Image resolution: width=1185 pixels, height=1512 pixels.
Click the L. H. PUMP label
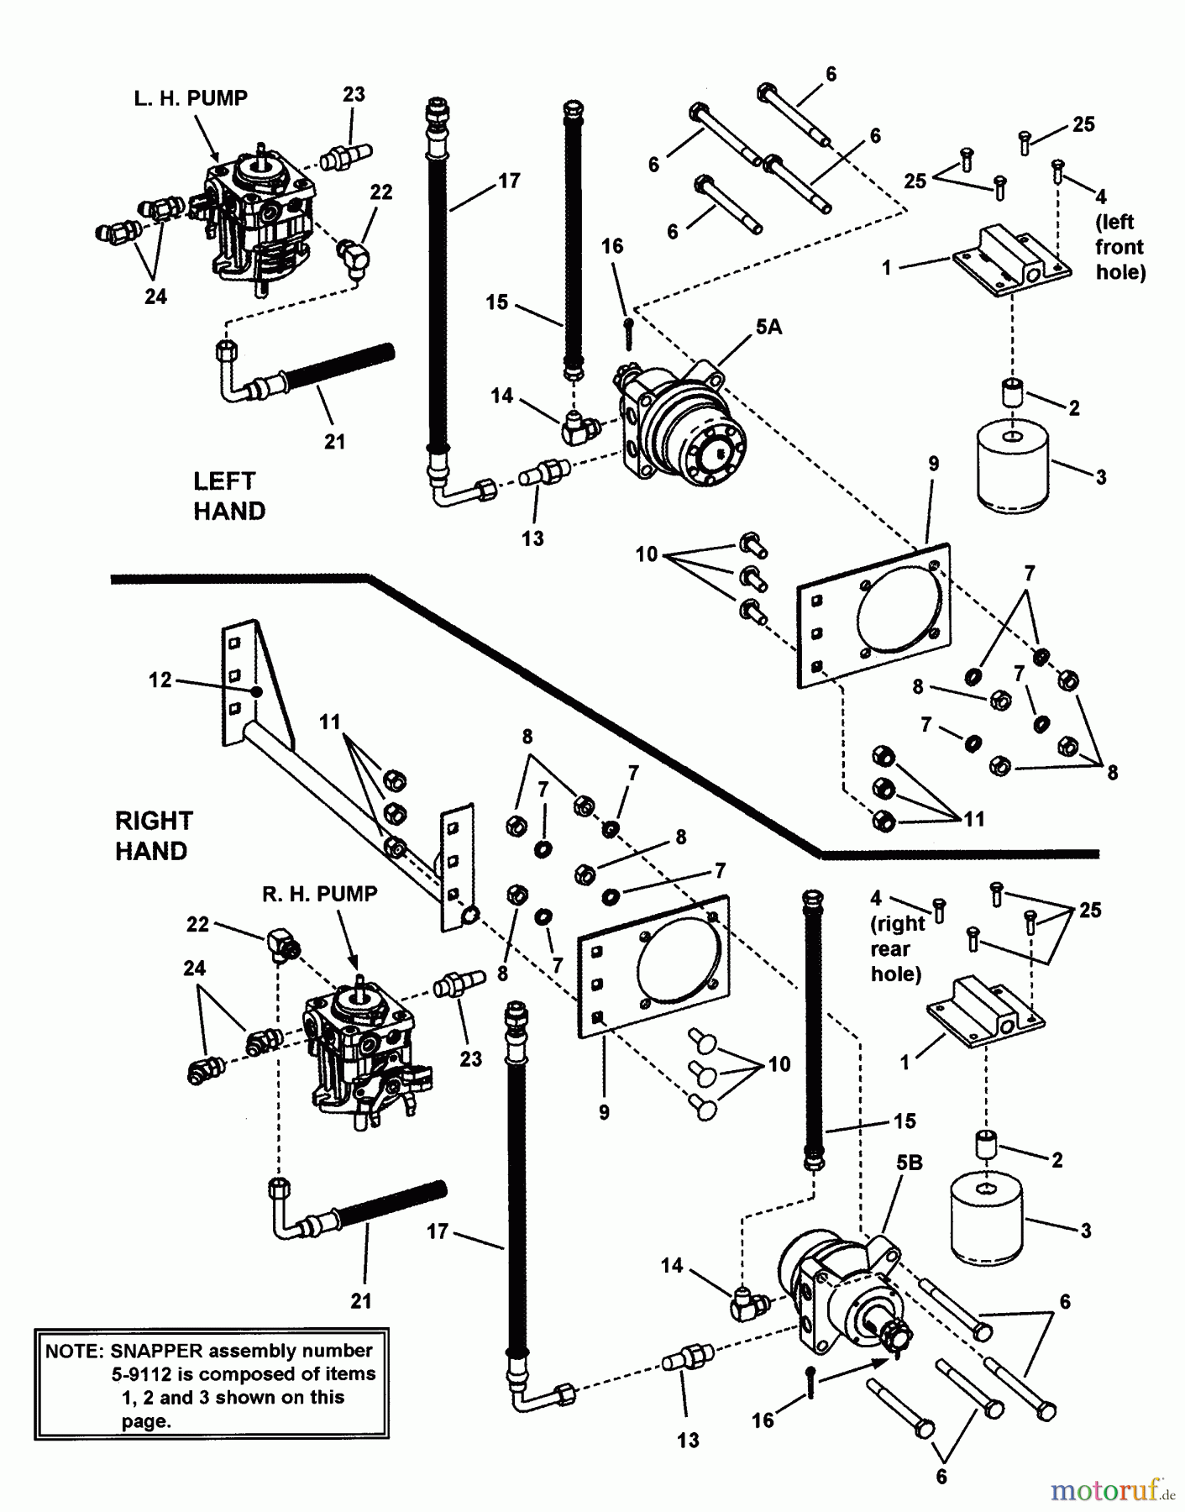coord(191,98)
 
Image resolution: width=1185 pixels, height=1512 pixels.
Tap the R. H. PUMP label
coord(320,894)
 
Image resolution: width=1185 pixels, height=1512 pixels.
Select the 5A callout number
coord(768,328)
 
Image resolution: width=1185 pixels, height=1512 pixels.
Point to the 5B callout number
coord(910,1163)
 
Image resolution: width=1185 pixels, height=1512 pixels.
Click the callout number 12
coord(160,680)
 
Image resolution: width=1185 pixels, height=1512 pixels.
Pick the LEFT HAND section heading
coord(228,496)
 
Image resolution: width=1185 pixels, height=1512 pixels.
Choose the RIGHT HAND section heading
coord(154,836)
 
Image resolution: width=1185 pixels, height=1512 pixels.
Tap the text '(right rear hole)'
coord(897,948)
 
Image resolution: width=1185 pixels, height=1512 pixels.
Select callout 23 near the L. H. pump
coord(354,94)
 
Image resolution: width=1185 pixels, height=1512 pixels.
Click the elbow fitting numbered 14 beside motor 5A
coord(580,428)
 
